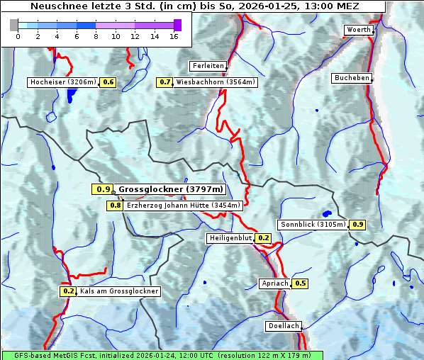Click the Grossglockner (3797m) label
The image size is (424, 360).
tap(171, 189)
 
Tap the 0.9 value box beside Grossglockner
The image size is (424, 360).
tap(103, 189)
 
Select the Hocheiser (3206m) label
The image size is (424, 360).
tap(62, 82)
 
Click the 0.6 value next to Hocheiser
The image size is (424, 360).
tap(108, 82)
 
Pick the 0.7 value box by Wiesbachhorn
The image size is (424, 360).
tap(164, 82)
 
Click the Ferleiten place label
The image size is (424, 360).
tap(208, 66)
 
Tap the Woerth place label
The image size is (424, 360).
tap(358, 30)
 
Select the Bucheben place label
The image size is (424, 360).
tap(352, 78)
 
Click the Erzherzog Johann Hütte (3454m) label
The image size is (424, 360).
tap(184, 206)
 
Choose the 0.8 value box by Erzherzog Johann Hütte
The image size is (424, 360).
tap(115, 206)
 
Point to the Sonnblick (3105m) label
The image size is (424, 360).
tap(313, 225)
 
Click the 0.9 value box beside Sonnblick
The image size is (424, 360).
tap(358, 225)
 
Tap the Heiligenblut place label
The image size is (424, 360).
tap(230, 238)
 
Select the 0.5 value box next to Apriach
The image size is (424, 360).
tap(301, 283)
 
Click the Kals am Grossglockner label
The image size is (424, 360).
tap(118, 291)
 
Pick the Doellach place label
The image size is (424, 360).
tap(284, 327)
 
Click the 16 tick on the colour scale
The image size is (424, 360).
tap(174, 36)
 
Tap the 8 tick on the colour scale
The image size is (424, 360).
tap(96, 36)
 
